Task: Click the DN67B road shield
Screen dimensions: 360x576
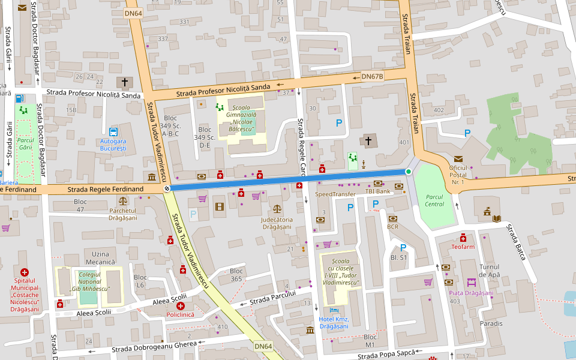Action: (372, 77)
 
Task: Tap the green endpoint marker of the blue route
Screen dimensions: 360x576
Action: (409, 172)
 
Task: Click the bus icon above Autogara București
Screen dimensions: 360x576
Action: (113, 132)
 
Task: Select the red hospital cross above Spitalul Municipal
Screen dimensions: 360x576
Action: (24, 272)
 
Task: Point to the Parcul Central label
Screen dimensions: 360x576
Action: (434, 200)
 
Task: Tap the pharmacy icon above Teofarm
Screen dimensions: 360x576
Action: (463, 238)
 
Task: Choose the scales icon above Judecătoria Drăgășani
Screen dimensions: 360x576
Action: (277, 209)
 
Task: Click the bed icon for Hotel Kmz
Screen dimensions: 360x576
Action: (334, 310)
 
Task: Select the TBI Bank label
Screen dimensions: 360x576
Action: (378, 191)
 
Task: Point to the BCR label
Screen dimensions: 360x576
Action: (392, 227)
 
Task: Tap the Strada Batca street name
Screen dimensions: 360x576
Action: (516, 242)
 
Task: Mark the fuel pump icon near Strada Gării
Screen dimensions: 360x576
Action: (20, 98)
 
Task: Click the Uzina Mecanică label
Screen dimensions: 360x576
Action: (100, 258)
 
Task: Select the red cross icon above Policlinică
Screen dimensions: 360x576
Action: (180, 306)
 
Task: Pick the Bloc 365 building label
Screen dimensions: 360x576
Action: (236, 275)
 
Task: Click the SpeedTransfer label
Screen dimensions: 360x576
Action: (335, 194)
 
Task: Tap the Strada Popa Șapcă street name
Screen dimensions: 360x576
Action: (386, 355)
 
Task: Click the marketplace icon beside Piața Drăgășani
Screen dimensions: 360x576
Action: (472, 282)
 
